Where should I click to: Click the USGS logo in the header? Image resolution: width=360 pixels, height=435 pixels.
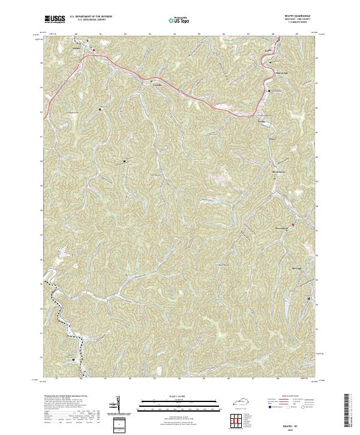coord(55,19)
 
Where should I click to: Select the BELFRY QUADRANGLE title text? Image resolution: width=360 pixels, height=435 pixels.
coord(284,15)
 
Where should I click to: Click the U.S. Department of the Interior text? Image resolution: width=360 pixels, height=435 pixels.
coord(90,16)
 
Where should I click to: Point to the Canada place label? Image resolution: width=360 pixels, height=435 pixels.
coord(157,85)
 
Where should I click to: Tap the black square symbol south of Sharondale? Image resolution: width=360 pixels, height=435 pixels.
coord(269,91)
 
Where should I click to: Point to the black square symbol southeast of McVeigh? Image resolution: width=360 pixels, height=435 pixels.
coord(309,298)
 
